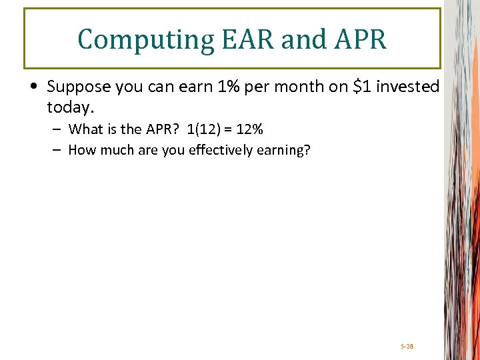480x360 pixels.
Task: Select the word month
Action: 291,87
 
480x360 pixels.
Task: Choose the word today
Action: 68,107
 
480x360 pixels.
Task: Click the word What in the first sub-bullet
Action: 85,129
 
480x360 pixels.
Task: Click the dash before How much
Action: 57,150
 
